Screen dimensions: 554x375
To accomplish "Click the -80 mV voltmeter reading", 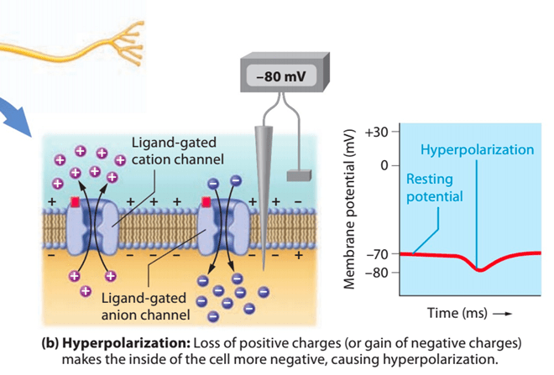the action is click(281, 76).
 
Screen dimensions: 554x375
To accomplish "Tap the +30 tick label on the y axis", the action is click(377, 132).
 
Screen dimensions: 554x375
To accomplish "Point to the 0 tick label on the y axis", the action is click(384, 165).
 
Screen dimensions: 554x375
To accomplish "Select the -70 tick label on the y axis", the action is click(378, 254).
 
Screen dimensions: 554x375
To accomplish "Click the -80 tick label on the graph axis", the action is click(378, 273).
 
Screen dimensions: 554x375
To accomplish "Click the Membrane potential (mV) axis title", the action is click(349, 209).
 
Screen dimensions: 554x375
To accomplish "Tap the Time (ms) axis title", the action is click(457, 313).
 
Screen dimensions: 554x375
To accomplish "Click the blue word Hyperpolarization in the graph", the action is click(477, 149).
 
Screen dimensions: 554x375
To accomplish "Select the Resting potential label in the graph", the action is click(434, 188).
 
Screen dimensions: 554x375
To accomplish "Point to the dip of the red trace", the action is click(479, 269).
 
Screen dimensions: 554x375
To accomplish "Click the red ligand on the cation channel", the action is click(75, 202).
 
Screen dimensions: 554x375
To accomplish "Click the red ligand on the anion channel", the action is click(206, 202).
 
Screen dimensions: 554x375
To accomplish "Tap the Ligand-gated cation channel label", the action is click(178, 151).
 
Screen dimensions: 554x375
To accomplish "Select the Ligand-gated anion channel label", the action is click(145, 306).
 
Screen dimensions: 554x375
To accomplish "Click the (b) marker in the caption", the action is click(50, 343).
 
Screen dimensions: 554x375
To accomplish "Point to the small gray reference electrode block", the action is click(299, 175).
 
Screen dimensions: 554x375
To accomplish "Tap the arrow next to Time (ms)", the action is click(503, 314).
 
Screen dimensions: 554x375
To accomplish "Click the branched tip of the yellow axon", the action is click(129, 44).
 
